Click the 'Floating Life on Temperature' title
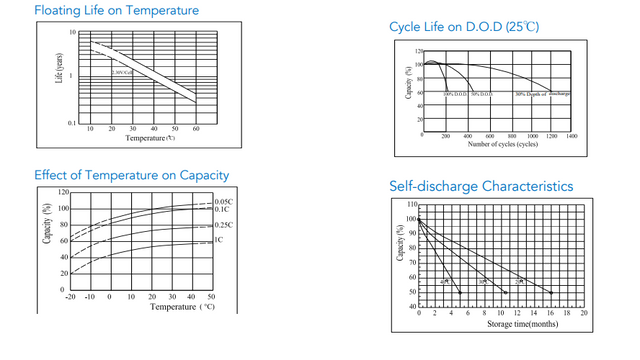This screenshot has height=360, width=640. [116, 11]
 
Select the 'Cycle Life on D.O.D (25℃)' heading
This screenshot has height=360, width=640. [464, 27]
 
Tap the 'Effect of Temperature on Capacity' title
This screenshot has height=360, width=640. [131, 175]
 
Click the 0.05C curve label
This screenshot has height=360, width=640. [223, 202]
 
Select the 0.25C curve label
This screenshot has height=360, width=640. [223, 225]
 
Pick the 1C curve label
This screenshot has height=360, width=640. [219, 241]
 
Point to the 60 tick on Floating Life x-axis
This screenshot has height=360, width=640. [196, 129]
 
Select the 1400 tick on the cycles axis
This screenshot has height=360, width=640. [571, 135]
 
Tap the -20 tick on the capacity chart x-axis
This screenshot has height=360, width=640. [69, 297]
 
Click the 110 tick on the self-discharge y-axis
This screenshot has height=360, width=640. [411, 204]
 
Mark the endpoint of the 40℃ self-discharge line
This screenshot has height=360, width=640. [460, 292]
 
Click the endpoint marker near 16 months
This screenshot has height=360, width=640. [551, 292]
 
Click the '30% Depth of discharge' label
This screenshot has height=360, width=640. [542, 94]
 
